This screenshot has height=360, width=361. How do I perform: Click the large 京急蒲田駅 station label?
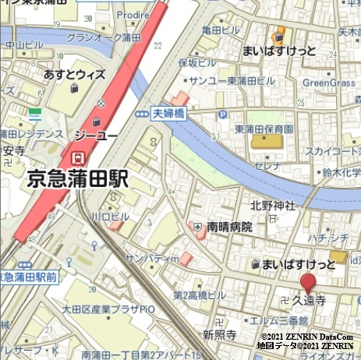pyautogui.click(x=78, y=180)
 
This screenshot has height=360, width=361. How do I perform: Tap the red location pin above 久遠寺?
pyautogui.click(x=309, y=283)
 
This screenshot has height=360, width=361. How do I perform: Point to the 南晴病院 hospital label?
pyautogui.click(x=229, y=228)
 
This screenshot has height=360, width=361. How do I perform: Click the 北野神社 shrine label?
pyautogui.click(x=273, y=206)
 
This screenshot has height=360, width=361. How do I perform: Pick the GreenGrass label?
pyautogui.click(x=328, y=82)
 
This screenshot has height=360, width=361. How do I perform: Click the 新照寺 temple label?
pyautogui.click(x=219, y=334)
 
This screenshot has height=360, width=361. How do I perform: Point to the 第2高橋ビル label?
pyautogui.click(x=199, y=295)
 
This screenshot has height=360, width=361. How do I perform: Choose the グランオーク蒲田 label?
pyautogui.click(x=103, y=37)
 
